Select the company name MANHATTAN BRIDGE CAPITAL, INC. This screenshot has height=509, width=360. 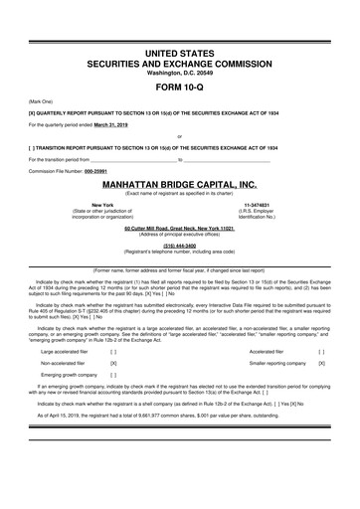179,184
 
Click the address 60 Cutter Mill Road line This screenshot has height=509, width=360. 179,229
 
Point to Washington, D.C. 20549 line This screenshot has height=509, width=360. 179,71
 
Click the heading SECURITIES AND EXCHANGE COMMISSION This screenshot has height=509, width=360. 179,61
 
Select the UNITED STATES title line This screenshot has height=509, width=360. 179,49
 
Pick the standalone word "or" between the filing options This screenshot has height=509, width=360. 179,135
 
